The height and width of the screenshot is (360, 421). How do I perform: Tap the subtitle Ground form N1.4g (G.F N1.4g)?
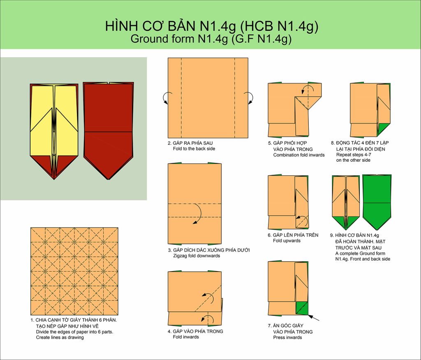coord(211,39)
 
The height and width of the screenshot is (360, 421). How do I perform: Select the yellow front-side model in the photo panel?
coord(54,131)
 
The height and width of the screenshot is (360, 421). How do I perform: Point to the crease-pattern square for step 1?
coord(74,272)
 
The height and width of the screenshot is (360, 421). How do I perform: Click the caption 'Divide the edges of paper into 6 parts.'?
coord(75,332)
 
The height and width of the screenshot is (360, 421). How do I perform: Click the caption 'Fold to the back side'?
coord(194,149)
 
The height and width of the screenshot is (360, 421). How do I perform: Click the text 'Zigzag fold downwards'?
coord(197,256)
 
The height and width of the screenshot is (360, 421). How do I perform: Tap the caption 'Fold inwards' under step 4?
coord(186,337)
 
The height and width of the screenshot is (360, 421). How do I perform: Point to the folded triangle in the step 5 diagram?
coord(308,102)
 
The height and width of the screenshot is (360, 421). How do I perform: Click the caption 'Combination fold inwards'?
coord(299,155)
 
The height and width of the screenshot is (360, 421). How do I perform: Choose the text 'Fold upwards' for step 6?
coord(287,241)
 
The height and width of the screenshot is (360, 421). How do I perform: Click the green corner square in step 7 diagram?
coord(302,308)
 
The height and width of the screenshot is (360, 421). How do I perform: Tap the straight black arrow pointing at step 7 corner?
coord(313,318)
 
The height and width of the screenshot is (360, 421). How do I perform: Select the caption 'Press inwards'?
coord(287,337)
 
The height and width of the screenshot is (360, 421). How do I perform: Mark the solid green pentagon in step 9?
coord(377,202)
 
